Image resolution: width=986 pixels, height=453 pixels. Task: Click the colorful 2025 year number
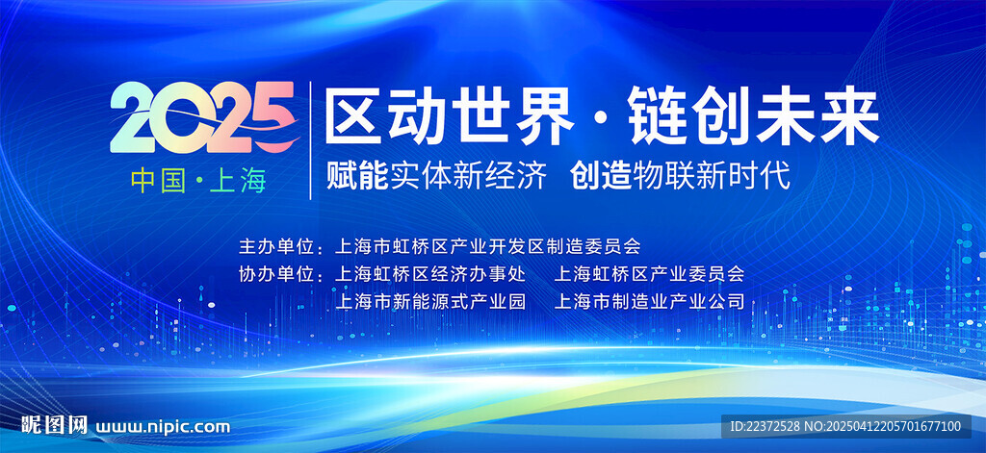202,117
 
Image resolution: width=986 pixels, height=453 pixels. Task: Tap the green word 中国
159,181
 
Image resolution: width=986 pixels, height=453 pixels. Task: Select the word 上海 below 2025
238,181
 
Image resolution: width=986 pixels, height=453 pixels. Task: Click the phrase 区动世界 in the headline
449,115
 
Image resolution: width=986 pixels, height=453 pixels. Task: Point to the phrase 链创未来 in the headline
753,115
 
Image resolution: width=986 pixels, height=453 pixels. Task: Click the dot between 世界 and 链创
601,117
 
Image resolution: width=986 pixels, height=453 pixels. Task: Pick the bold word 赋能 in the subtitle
357,176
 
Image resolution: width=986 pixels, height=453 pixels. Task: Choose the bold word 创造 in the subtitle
601,176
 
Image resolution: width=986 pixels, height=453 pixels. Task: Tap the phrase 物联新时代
712,176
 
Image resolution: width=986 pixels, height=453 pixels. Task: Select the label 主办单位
275,246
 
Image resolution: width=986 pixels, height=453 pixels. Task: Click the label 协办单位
275,274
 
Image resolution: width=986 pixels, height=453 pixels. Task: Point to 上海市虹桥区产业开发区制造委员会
488,246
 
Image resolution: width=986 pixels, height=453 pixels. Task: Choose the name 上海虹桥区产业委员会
649,274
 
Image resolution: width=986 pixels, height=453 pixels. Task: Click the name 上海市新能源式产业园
430,302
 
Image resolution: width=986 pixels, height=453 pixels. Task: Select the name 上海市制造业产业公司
649,302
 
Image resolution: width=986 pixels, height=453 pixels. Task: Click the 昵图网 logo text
54,425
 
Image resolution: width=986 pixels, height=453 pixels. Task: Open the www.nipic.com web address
163,427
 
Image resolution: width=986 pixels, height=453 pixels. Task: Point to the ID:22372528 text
765,426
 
